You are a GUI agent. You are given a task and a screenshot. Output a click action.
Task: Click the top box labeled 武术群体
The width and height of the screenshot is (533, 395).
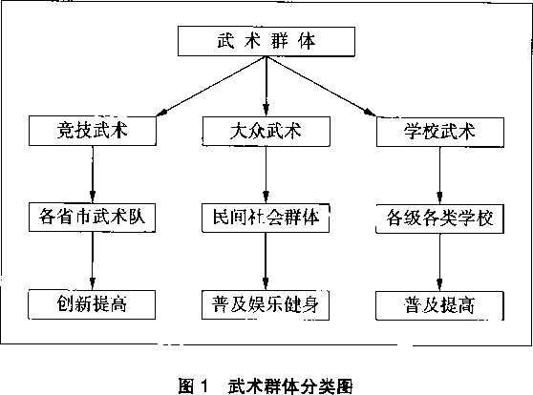[x=266, y=41]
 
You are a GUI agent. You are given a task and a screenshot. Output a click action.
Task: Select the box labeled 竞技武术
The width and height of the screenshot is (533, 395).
[x=93, y=131]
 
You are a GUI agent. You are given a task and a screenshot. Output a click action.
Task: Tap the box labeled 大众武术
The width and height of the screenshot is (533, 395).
[x=266, y=132]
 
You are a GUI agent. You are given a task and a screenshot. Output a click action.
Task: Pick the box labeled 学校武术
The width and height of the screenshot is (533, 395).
[x=440, y=132]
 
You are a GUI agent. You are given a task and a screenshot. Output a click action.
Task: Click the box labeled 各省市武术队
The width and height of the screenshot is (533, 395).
[x=92, y=218]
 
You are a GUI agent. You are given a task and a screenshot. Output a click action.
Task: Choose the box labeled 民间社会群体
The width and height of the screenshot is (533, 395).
[x=266, y=218]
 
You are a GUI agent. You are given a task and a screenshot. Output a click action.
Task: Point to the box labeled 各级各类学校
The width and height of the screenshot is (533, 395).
[x=439, y=218]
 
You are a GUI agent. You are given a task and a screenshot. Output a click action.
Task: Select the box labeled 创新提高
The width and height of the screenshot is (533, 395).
[x=92, y=304]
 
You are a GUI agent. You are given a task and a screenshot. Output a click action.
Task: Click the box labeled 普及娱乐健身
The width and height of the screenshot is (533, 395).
[x=266, y=304]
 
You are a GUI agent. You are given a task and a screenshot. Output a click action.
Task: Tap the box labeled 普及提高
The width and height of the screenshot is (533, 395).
[x=439, y=305]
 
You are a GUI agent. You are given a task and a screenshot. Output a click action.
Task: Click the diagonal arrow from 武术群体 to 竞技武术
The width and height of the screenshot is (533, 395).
[x=211, y=86]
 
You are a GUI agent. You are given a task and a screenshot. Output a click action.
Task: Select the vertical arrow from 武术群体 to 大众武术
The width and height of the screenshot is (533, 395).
[x=266, y=86]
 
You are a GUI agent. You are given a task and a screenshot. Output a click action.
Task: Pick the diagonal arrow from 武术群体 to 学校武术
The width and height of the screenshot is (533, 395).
[x=321, y=86]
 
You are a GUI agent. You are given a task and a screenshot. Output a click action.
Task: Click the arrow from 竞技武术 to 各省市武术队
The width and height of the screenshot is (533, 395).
[x=93, y=175]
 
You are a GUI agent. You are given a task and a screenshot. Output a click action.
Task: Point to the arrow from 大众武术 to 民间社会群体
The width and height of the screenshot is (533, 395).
[x=266, y=175]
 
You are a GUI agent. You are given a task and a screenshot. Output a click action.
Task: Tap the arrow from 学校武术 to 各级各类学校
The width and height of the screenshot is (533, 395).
[x=439, y=176]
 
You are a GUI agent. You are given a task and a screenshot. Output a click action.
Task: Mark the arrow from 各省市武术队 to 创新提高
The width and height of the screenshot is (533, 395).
[x=92, y=260]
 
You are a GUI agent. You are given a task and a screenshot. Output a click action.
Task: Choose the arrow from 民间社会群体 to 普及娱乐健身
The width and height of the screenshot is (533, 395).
[x=266, y=261]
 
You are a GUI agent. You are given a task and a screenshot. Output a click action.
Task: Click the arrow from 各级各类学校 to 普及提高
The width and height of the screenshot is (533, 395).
[x=439, y=262]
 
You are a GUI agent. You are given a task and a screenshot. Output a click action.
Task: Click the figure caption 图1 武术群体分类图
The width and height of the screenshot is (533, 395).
[x=266, y=385]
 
